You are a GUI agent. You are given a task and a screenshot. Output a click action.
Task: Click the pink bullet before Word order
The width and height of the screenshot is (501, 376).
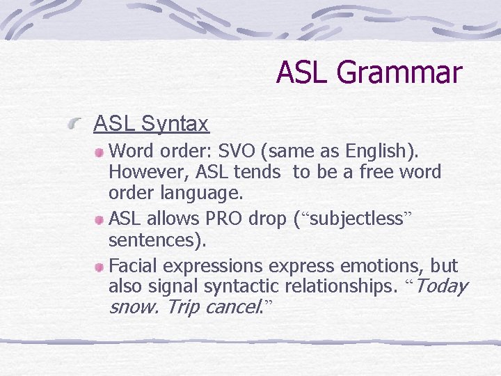pyautogui.click(x=100, y=151)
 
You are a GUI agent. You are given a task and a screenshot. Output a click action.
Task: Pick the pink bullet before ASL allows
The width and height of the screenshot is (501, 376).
pyautogui.click(x=100, y=219)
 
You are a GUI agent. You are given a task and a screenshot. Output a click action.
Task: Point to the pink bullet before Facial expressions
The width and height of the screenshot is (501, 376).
pyautogui.click(x=100, y=267)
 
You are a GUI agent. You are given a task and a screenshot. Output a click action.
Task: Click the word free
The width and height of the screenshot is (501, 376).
pyautogui.click(x=378, y=171)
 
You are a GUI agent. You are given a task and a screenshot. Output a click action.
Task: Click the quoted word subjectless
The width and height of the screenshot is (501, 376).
pyautogui.click(x=356, y=219)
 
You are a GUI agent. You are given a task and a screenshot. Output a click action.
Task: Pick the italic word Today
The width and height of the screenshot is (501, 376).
pyautogui.click(x=441, y=286)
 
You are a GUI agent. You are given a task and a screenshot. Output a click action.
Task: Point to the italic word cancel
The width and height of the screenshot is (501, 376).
pyautogui.click(x=232, y=307)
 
